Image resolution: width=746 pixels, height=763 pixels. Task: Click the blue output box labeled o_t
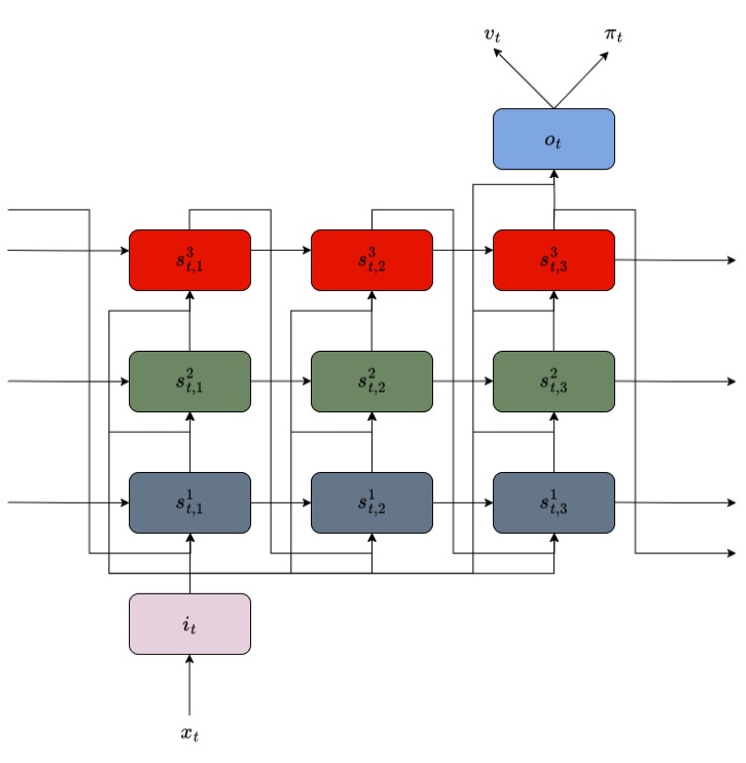tap(553, 139)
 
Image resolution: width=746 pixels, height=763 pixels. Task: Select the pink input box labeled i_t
tap(190, 623)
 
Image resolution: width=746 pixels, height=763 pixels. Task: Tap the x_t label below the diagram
tap(190, 734)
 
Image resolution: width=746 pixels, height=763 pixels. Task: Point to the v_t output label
tap(492, 35)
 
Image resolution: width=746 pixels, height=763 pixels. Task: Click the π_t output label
tap(613, 35)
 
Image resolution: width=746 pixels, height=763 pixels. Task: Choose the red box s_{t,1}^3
tap(190, 261)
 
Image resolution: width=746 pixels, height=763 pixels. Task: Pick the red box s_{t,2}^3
tap(372, 261)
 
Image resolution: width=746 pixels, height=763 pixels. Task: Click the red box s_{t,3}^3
tap(553, 261)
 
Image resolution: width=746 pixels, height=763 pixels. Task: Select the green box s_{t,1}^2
tap(190, 381)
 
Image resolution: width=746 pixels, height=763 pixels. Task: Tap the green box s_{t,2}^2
tap(372, 381)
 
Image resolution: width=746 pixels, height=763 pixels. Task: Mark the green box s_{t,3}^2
tap(553, 381)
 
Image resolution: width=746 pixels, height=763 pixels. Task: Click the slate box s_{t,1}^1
tap(190, 502)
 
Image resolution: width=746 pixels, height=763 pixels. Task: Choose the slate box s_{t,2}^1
tap(372, 502)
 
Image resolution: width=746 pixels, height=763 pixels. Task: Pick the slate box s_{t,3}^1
tap(553, 502)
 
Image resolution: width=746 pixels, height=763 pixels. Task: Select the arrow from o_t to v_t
tap(525, 78)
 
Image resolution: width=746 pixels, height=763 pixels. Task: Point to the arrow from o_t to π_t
tap(584, 78)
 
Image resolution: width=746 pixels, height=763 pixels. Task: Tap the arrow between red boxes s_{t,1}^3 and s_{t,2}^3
tap(280, 250)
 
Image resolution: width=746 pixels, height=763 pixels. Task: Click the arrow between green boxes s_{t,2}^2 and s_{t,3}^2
tap(463, 381)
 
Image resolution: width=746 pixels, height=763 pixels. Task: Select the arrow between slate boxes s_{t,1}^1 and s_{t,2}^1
tap(280, 502)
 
